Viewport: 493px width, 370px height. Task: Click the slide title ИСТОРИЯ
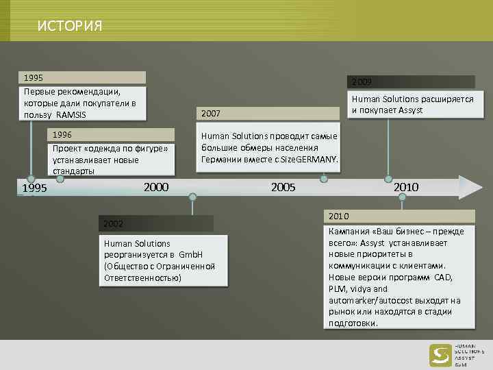[x=69, y=27]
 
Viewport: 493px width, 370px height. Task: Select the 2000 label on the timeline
[x=156, y=186]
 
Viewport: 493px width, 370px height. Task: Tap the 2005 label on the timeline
[x=283, y=186]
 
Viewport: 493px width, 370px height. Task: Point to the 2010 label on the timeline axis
[x=405, y=186]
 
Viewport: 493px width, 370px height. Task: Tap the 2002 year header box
[x=156, y=223]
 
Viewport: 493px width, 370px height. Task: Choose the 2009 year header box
[x=411, y=82]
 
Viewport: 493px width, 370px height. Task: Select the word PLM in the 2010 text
[x=338, y=289]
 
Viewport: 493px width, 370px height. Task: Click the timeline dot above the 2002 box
[x=192, y=197]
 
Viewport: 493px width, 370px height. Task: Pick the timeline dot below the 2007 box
[x=324, y=180]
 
